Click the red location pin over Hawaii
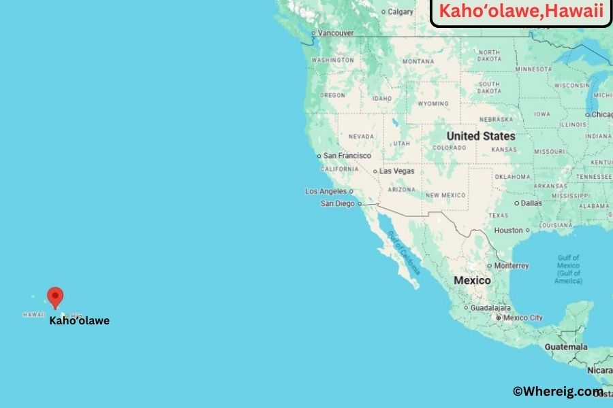[x=55, y=296]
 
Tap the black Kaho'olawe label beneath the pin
[x=79, y=321]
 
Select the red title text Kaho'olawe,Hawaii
[x=521, y=12]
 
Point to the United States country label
[x=481, y=136]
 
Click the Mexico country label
[x=472, y=280]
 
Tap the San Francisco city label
[x=347, y=156]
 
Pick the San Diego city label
[x=338, y=203]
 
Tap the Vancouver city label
[x=336, y=33]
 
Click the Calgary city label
[x=400, y=12]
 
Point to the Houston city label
[x=509, y=231]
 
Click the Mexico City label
[x=523, y=318]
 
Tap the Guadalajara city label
[x=484, y=308]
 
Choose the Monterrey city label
[x=512, y=266]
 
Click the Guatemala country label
[x=566, y=347]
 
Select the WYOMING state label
[x=433, y=104]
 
